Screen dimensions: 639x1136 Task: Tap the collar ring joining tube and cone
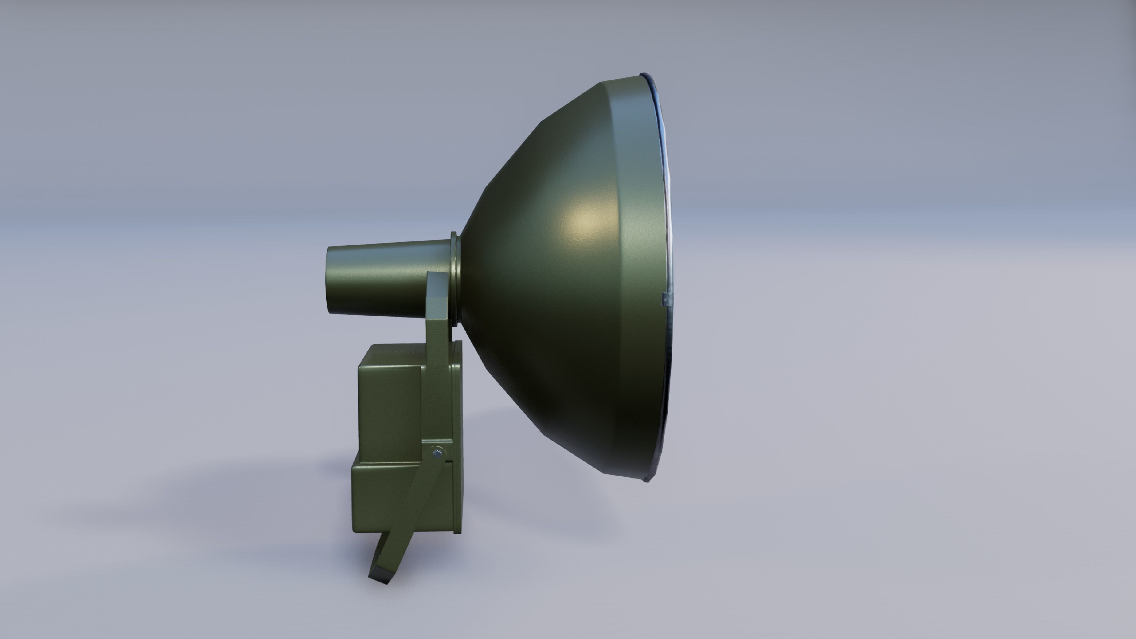pos(455,278)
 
